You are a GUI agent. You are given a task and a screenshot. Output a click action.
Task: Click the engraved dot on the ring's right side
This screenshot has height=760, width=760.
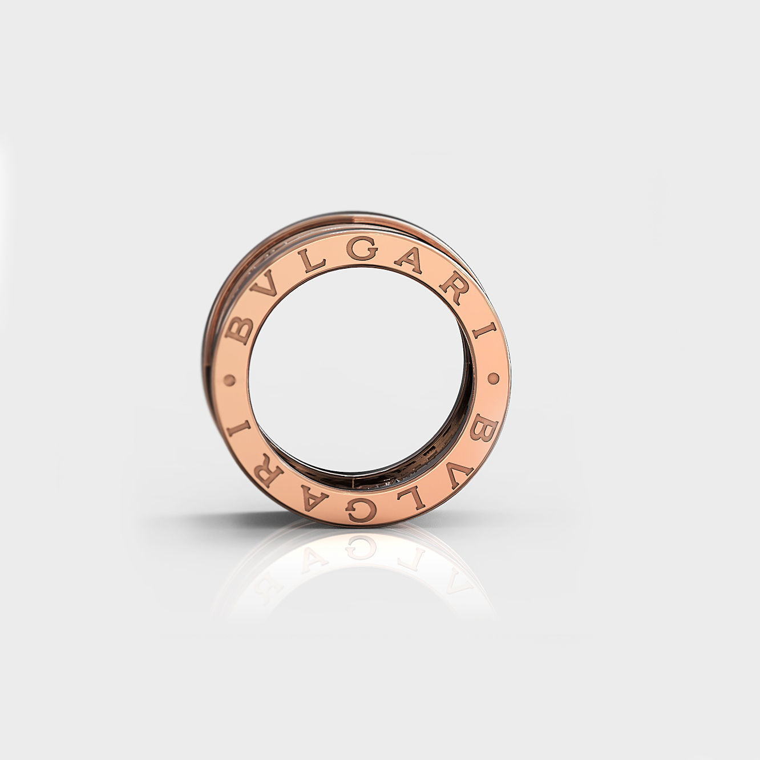point(492,378)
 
